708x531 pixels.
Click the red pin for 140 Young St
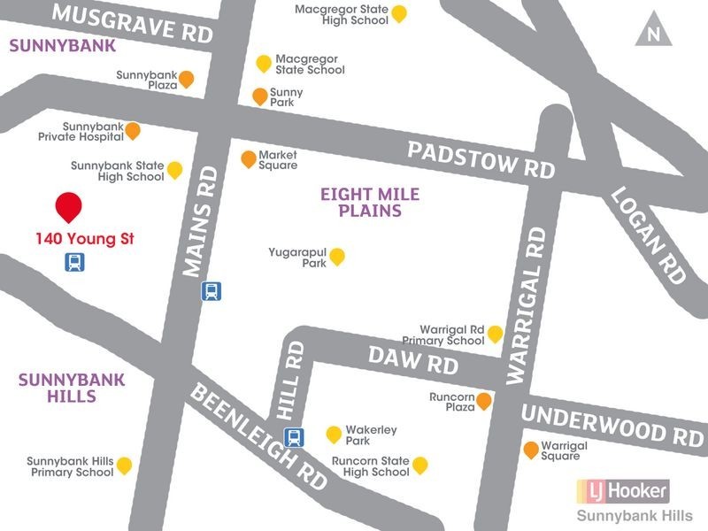pyautogui.click(x=69, y=206)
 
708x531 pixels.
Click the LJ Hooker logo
pyautogui.click(x=622, y=489)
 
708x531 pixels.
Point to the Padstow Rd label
pyautogui.click(x=481, y=159)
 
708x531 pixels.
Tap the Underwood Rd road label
pyautogui.click(x=612, y=424)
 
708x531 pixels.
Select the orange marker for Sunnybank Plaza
pyautogui.click(x=186, y=80)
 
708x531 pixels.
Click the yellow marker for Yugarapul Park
pyautogui.click(x=336, y=257)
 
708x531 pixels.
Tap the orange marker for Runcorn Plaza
pyautogui.click(x=484, y=402)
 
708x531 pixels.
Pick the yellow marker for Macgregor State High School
pyautogui.click(x=399, y=13)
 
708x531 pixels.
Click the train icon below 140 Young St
pyautogui.click(x=74, y=262)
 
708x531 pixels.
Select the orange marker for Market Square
pyautogui.click(x=249, y=159)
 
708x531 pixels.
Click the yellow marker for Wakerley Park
pyautogui.click(x=334, y=434)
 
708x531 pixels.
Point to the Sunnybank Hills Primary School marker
pyautogui.click(x=124, y=465)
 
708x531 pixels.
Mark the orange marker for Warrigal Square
pyautogui.click(x=531, y=450)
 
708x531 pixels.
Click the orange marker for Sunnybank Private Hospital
pyautogui.click(x=133, y=131)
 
